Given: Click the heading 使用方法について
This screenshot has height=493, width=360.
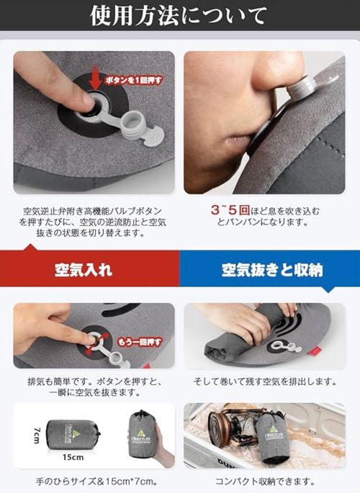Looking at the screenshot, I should pos(180,15).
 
